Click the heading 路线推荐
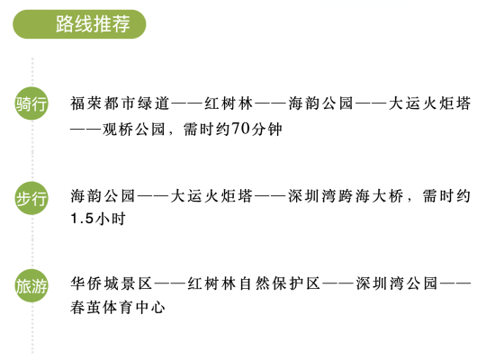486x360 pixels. (x=93, y=24)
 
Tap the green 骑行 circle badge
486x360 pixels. (x=31, y=103)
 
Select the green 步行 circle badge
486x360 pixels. (x=31, y=198)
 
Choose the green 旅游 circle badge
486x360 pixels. (x=31, y=285)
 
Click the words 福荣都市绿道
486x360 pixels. (x=120, y=103)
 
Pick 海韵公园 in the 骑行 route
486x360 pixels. (x=320, y=103)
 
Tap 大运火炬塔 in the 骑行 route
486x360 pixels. (x=430, y=103)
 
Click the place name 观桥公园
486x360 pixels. (x=133, y=129)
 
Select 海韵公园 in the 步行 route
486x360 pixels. (x=103, y=196)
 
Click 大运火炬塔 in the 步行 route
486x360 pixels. (x=211, y=196)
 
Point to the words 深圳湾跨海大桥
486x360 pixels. (x=346, y=196)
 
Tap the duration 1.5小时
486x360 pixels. (x=98, y=219)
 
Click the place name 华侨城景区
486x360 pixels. (x=111, y=283)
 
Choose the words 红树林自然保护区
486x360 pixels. (x=254, y=283)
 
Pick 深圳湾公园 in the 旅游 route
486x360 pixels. (x=396, y=283)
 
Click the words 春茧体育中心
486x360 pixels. (x=118, y=307)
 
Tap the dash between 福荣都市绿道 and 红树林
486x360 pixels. (x=187, y=103)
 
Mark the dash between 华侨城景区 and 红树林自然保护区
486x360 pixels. (x=170, y=283)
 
